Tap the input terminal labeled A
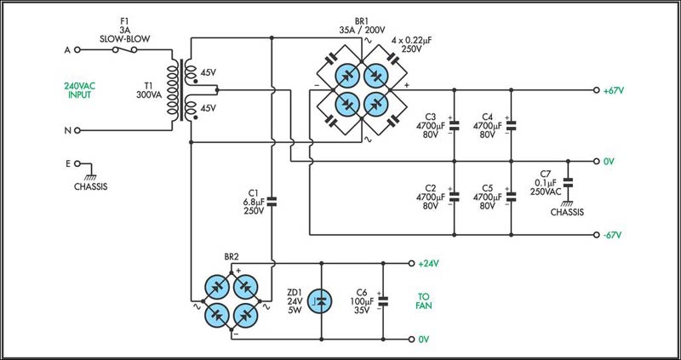pyautogui.click(x=79, y=50)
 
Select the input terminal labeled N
pyautogui.click(x=79, y=130)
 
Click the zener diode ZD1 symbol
pyautogui.click(x=318, y=300)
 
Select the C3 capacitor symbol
pyautogui.click(x=454, y=125)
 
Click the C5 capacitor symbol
pyautogui.click(x=511, y=197)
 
